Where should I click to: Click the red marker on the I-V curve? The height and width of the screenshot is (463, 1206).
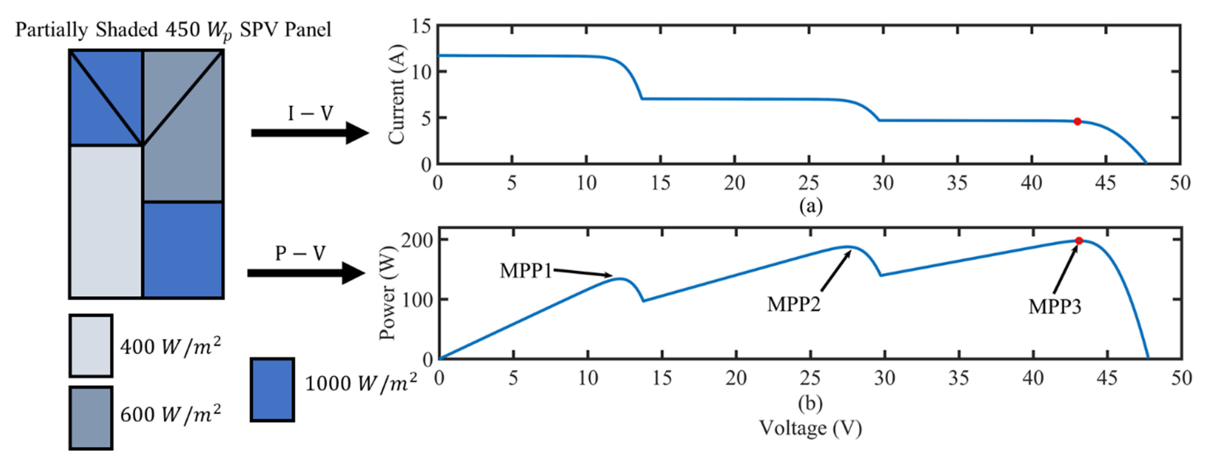click(1077, 121)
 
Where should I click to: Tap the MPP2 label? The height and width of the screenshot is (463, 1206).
click(793, 304)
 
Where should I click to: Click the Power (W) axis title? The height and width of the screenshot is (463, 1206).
click(388, 293)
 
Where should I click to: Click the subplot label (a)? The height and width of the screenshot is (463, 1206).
click(810, 206)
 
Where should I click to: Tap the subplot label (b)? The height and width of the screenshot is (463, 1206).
click(810, 403)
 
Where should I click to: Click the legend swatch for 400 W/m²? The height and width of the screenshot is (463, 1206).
click(91, 345)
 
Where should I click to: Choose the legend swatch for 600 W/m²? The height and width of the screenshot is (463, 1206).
click(91, 417)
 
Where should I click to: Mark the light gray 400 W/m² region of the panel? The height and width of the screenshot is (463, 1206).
click(106, 221)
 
